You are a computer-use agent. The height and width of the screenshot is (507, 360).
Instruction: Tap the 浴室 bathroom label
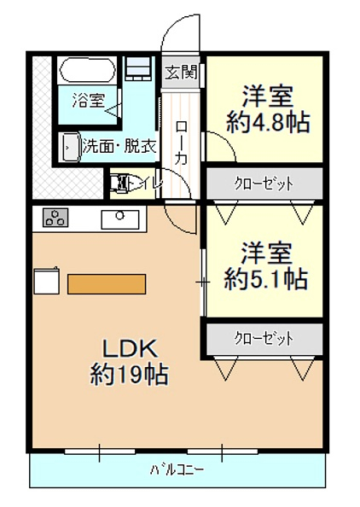coord(88,100)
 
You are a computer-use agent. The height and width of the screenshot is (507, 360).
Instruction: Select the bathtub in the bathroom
coord(88,71)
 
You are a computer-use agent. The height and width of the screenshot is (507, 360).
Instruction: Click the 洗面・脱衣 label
coord(119,147)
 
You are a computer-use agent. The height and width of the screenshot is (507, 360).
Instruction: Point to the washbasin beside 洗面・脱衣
coord(71,148)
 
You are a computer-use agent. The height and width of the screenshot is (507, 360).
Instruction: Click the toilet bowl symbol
coord(122,184)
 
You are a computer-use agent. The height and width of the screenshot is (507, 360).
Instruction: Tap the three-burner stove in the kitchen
coord(55,218)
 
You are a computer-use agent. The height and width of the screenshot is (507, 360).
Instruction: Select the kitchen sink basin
coord(120,220)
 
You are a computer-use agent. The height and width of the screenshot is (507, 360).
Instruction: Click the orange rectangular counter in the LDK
coord(107,284)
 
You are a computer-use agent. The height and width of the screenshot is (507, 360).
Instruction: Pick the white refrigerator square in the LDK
coord(47,281)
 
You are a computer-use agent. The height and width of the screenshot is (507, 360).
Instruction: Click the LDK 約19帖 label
coord(130,362)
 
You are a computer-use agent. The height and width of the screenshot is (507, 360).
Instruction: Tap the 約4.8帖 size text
coord(268,123)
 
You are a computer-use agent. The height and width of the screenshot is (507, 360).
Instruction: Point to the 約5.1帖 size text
coord(266,279)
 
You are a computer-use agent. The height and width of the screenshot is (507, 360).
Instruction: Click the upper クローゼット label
coord(264,184)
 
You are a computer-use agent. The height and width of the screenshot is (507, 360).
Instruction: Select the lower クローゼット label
coord(264,339)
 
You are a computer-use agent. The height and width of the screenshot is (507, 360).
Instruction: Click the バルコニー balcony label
coord(177,469)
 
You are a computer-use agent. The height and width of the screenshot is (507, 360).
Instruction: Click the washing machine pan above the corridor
coord(138,69)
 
